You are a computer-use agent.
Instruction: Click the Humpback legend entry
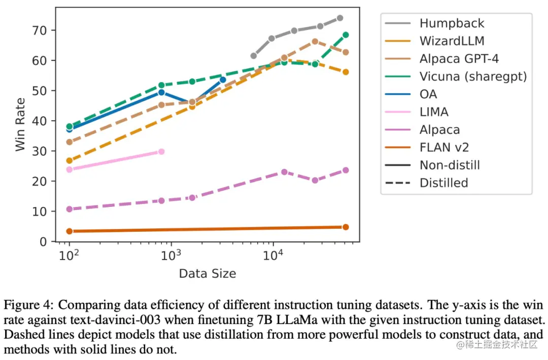(x=452, y=23)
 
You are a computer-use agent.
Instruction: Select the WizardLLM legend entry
(x=452, y=41)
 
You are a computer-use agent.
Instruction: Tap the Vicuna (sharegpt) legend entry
(x=473, y=77)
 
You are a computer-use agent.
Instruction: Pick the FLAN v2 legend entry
(x=444, y=148)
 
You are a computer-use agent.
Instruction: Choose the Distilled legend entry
(x=443, y=183)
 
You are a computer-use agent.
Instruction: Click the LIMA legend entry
(x=434, y=112)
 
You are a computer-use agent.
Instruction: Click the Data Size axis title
(x=207, y=274)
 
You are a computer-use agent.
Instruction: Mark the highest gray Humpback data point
(x=340, y=18)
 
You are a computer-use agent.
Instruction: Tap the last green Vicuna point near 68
(x=346, y=35)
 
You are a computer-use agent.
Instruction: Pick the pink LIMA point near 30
(x=161, y=152)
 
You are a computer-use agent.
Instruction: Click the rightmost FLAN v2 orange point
(x=346, y=227)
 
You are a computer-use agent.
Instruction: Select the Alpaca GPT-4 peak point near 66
(x=315, y=42)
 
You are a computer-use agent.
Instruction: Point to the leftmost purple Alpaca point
(x=70, y=209)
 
